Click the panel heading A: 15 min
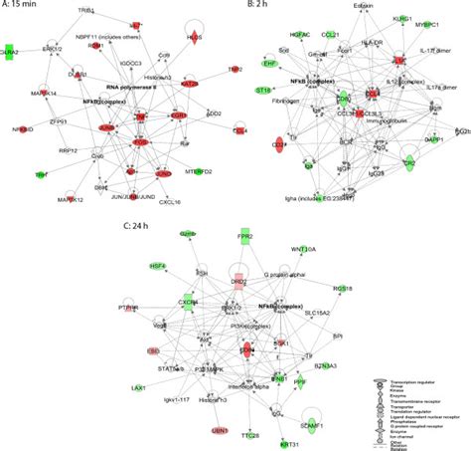24,5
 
